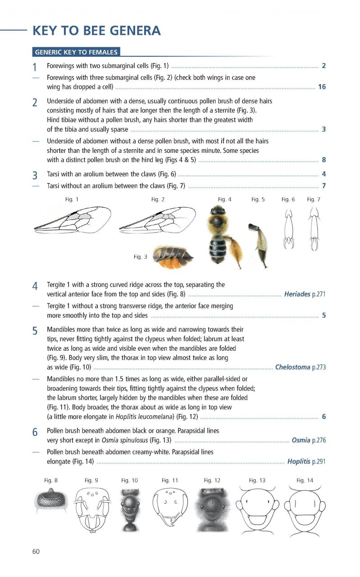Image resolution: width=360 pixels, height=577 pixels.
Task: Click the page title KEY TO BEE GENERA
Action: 96,31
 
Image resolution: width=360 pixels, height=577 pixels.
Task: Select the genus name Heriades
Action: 297,294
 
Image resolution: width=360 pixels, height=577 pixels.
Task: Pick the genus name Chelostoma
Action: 292,367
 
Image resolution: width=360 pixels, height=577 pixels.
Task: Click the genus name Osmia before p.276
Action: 301,440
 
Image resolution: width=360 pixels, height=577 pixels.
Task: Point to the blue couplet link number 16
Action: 322,87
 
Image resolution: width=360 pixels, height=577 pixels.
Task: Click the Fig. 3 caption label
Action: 140,257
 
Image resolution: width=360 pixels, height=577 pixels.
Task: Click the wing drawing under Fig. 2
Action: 154,220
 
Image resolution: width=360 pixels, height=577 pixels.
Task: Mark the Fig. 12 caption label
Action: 212,481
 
